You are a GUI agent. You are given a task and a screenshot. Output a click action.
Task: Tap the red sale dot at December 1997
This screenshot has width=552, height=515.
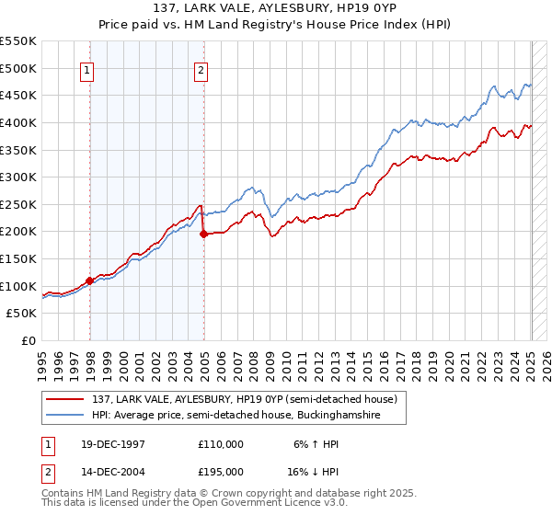90,280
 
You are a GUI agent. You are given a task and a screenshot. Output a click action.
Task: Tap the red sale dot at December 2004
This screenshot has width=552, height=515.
203,234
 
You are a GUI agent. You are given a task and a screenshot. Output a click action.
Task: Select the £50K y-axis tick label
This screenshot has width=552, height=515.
22,313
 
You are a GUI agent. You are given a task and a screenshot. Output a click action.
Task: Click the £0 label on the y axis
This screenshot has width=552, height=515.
29,340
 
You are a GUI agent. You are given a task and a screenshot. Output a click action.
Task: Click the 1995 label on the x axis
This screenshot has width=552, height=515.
42,359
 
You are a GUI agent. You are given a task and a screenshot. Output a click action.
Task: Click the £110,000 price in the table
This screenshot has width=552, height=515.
221,443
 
